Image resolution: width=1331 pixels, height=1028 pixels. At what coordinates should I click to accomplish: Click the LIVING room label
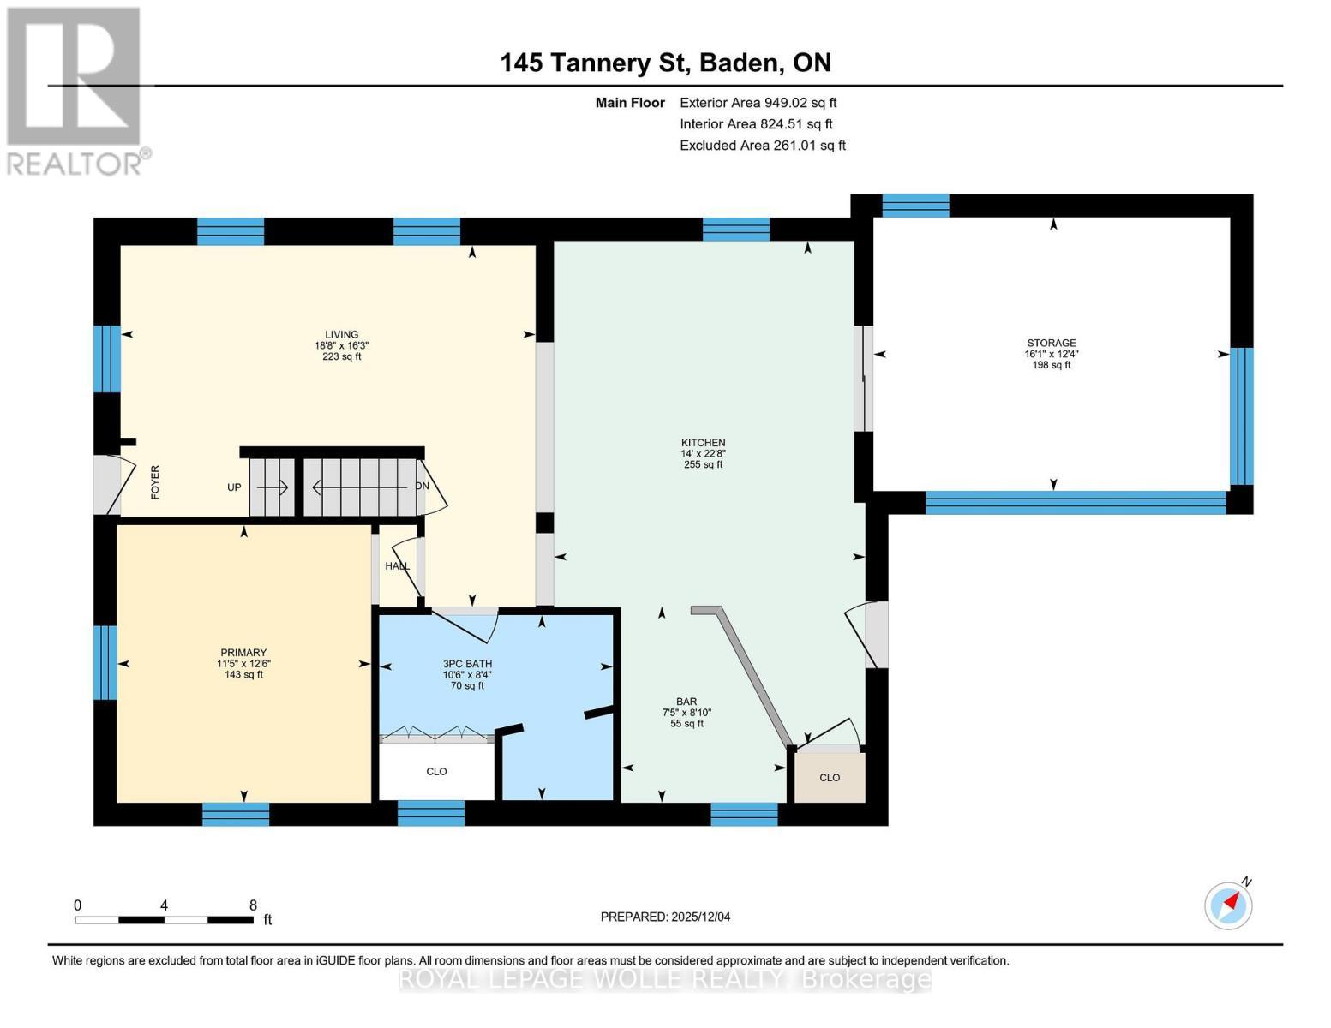click(341, 334)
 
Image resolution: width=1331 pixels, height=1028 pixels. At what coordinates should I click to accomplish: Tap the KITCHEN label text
click(703, 442)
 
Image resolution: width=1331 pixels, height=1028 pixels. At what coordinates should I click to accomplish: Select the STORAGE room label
click(1051, 343)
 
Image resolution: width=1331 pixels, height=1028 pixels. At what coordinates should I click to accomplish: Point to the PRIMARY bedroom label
click(243, 653)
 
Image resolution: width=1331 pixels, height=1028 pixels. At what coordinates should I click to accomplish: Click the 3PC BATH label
click(467, 664)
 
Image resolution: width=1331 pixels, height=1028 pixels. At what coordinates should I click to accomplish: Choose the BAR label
click(686, 702)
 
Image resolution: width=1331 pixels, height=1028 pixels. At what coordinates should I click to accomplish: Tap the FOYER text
click(155, 482)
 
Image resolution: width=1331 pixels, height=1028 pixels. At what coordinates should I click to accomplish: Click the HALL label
click(397, 565)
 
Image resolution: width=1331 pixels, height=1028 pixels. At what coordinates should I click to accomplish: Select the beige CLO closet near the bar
click(830, 777)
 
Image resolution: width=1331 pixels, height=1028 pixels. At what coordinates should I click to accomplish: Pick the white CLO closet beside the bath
click(436, 772)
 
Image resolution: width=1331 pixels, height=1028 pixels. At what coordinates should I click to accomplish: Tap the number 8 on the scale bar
click(253, 905)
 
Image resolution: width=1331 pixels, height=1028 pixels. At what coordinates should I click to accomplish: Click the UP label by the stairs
click(234, 487)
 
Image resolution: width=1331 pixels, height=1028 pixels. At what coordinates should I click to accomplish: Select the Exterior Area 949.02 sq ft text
click(758, 103)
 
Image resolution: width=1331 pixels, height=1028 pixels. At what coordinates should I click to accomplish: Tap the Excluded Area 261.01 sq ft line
click(763, 146)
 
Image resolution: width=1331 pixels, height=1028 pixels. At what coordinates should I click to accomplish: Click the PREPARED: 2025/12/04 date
click(665, 917)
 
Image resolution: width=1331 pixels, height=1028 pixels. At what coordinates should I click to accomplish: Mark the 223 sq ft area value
click(342, 356)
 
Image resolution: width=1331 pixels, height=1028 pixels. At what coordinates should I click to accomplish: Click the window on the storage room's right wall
click(1242, 416)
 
